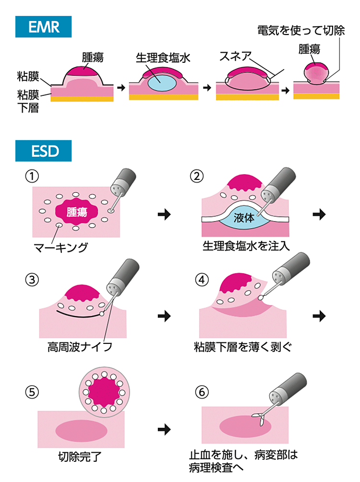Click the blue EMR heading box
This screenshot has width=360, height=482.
[x=44, y=27]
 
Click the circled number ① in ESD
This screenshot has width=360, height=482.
[x=32, y=176]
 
